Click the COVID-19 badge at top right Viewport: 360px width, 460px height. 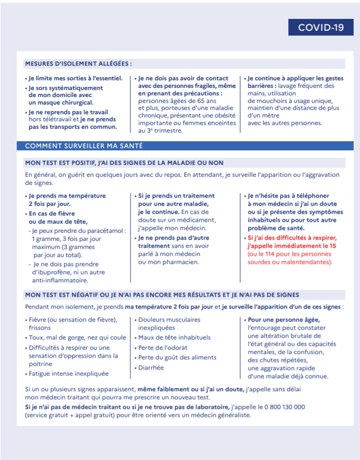coord(321,27)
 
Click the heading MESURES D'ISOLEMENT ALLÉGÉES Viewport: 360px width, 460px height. coord(78,63)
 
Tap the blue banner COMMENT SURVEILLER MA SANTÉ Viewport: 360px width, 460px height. coord(84,146)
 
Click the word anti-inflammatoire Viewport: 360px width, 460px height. coord(60,280)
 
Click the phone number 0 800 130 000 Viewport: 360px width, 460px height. coord(283,407)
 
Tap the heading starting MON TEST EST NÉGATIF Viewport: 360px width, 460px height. coord(162,295)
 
